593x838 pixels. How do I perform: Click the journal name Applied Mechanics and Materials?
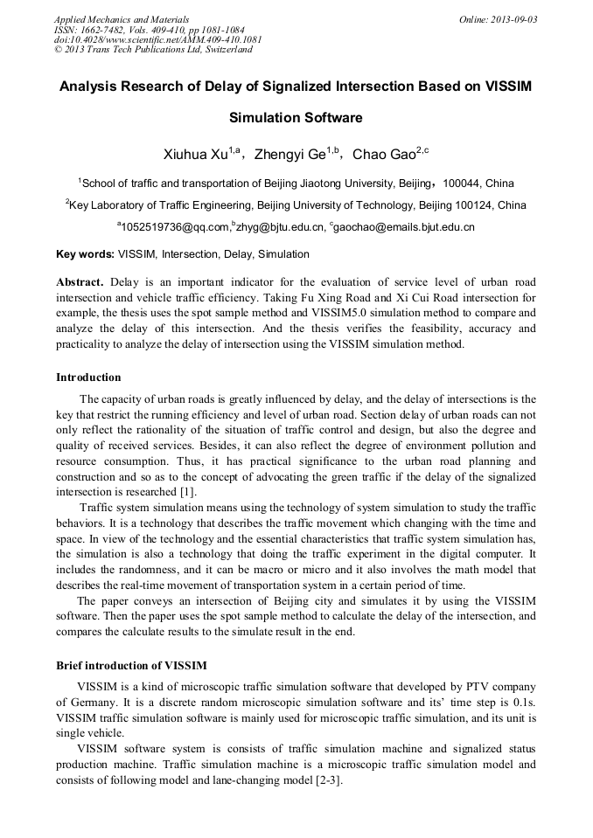point(122,19)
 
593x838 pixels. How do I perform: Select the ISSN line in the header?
point(150,30)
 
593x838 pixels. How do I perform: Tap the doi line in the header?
point(157,39)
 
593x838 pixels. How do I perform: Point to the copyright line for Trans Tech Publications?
point(153,50)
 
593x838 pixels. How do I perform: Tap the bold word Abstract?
point(80,282)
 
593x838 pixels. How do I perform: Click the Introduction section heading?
point(88,377)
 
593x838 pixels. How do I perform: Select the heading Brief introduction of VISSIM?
point(131,666)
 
